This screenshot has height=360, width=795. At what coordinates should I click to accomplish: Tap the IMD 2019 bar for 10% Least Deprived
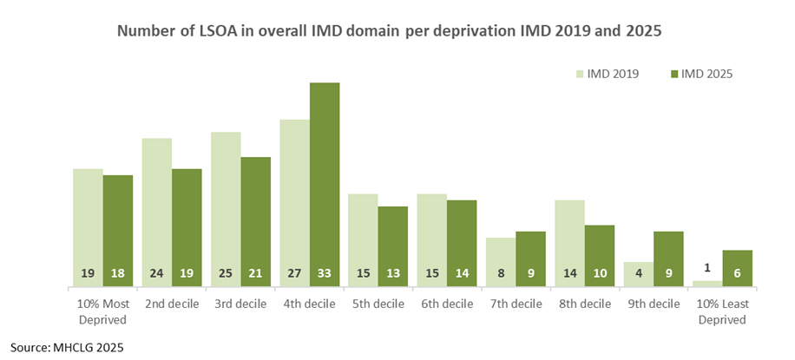tap(706, 284)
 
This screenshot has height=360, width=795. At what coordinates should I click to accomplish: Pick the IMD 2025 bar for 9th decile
tap(668, 259)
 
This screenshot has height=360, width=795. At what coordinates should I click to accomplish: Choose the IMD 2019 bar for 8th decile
tap(569, 243)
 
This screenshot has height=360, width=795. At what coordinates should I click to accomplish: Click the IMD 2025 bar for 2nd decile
tap(187, 227)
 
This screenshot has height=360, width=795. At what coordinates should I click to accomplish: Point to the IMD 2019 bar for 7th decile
tap(501, 262)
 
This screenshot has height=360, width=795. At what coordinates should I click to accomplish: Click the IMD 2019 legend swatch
tap(580, 74)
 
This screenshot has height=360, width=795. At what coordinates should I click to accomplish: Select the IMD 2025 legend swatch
tap(673, 74)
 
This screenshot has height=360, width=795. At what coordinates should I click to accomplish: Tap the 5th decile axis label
tap(378, 304)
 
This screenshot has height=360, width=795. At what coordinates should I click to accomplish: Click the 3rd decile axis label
tap(240, 304)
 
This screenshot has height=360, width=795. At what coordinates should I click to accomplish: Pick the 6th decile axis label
tap(447, 304)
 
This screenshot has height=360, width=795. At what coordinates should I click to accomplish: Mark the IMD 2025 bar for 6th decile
tap(462, 243)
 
